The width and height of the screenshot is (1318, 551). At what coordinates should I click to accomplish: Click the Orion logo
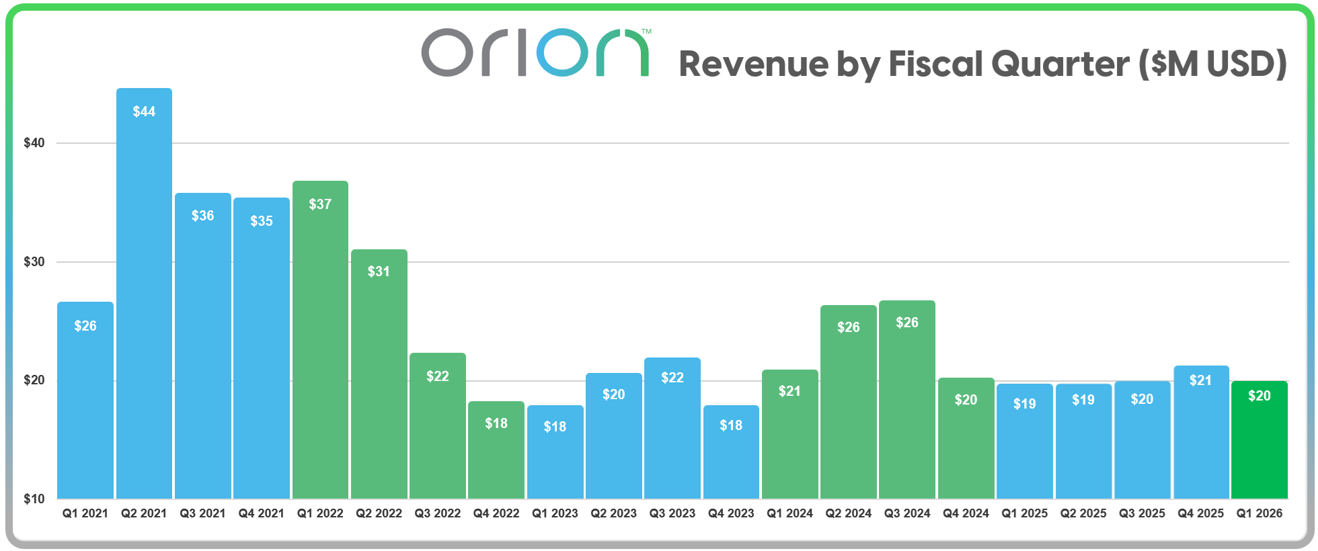tap(535, 52)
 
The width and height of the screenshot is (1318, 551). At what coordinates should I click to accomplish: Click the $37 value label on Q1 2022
tap(320, 204)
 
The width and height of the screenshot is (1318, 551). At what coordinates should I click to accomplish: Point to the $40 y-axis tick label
tap(34, 143)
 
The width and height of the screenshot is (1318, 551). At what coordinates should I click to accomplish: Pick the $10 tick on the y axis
tap(34, 499)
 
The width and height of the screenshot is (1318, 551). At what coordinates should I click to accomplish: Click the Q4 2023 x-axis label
tap(731, 513)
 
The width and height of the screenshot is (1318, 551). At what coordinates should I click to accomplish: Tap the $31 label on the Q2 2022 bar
tap(379, 271)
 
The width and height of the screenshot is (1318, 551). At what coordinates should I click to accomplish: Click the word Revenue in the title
tap(753, 65)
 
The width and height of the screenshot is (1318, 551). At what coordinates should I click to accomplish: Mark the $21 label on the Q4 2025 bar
tap(1201, 380)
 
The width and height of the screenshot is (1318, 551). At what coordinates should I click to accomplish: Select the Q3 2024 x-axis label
tap(907, 513)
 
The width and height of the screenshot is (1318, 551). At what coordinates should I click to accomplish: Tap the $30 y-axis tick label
tap(34, 262)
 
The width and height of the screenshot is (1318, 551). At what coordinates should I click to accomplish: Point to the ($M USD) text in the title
tap(1212, 65)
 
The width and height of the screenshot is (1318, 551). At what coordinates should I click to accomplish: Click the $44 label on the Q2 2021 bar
tap(144, 112)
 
